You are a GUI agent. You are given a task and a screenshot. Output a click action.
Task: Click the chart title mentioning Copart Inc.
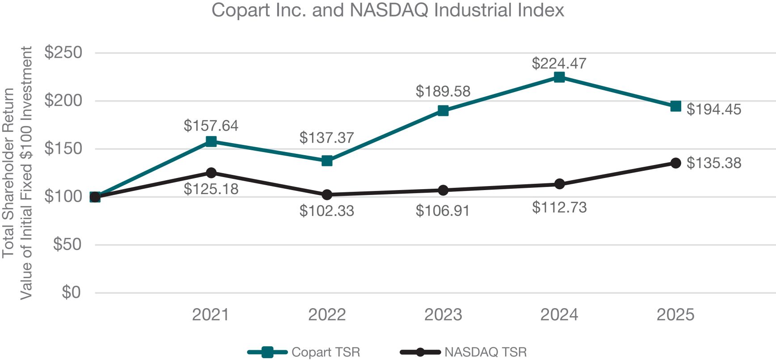click(388, 10)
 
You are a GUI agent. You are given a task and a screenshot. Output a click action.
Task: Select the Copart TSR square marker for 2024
click(559, 77)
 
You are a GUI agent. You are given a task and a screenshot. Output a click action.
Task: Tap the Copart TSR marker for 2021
click(211, 141)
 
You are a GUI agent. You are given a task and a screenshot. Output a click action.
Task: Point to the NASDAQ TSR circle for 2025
click(675, 163)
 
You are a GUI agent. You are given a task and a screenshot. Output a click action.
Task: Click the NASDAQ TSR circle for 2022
click(327, 195)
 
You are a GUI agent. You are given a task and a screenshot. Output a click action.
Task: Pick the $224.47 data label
click(559, 64)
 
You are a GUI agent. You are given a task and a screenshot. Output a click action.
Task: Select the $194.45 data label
click(713, 110)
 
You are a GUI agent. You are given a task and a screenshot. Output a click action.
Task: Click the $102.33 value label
click(326, 211)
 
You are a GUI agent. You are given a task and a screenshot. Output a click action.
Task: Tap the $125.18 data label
click(211, 189)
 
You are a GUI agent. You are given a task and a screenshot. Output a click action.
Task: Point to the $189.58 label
click(443, 92)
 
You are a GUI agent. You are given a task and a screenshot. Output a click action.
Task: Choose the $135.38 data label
click(713, 163)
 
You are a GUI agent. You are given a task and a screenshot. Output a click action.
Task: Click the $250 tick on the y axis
click(63, 53)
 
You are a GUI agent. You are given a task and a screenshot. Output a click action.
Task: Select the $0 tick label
click(71, 292)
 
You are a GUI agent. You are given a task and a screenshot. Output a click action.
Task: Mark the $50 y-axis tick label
click(67, 245)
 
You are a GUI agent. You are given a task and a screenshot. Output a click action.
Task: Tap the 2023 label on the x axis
click(443, 315)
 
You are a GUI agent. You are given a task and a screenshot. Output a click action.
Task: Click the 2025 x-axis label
click(675, 315)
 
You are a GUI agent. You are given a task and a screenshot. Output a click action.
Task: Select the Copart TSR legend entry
click(304, 352)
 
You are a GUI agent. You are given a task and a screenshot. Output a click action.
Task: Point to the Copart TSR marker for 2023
click(443, 110)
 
